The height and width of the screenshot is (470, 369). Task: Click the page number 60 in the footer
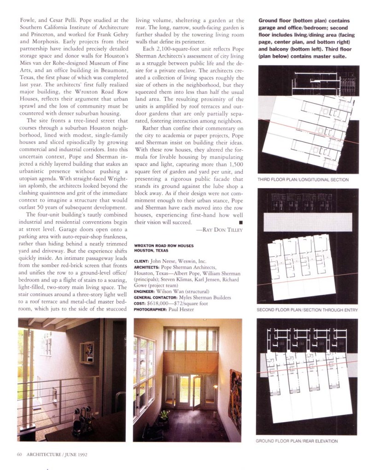pos(19,455)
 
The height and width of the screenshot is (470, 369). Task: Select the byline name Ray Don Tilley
pos(219,229)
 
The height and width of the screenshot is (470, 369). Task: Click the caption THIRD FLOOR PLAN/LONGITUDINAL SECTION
pos(303,179)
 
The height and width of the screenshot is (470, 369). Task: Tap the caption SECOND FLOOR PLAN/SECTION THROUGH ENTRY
pos(307,310)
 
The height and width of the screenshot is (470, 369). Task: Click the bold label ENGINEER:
pos(147,291)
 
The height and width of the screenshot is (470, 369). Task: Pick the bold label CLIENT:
pos(143,261)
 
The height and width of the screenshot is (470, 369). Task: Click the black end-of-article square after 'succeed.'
pos(240,222)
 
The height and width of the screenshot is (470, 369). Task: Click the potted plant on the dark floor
pos(164,416)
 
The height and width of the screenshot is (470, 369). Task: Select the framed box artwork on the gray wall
pos(87,352)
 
